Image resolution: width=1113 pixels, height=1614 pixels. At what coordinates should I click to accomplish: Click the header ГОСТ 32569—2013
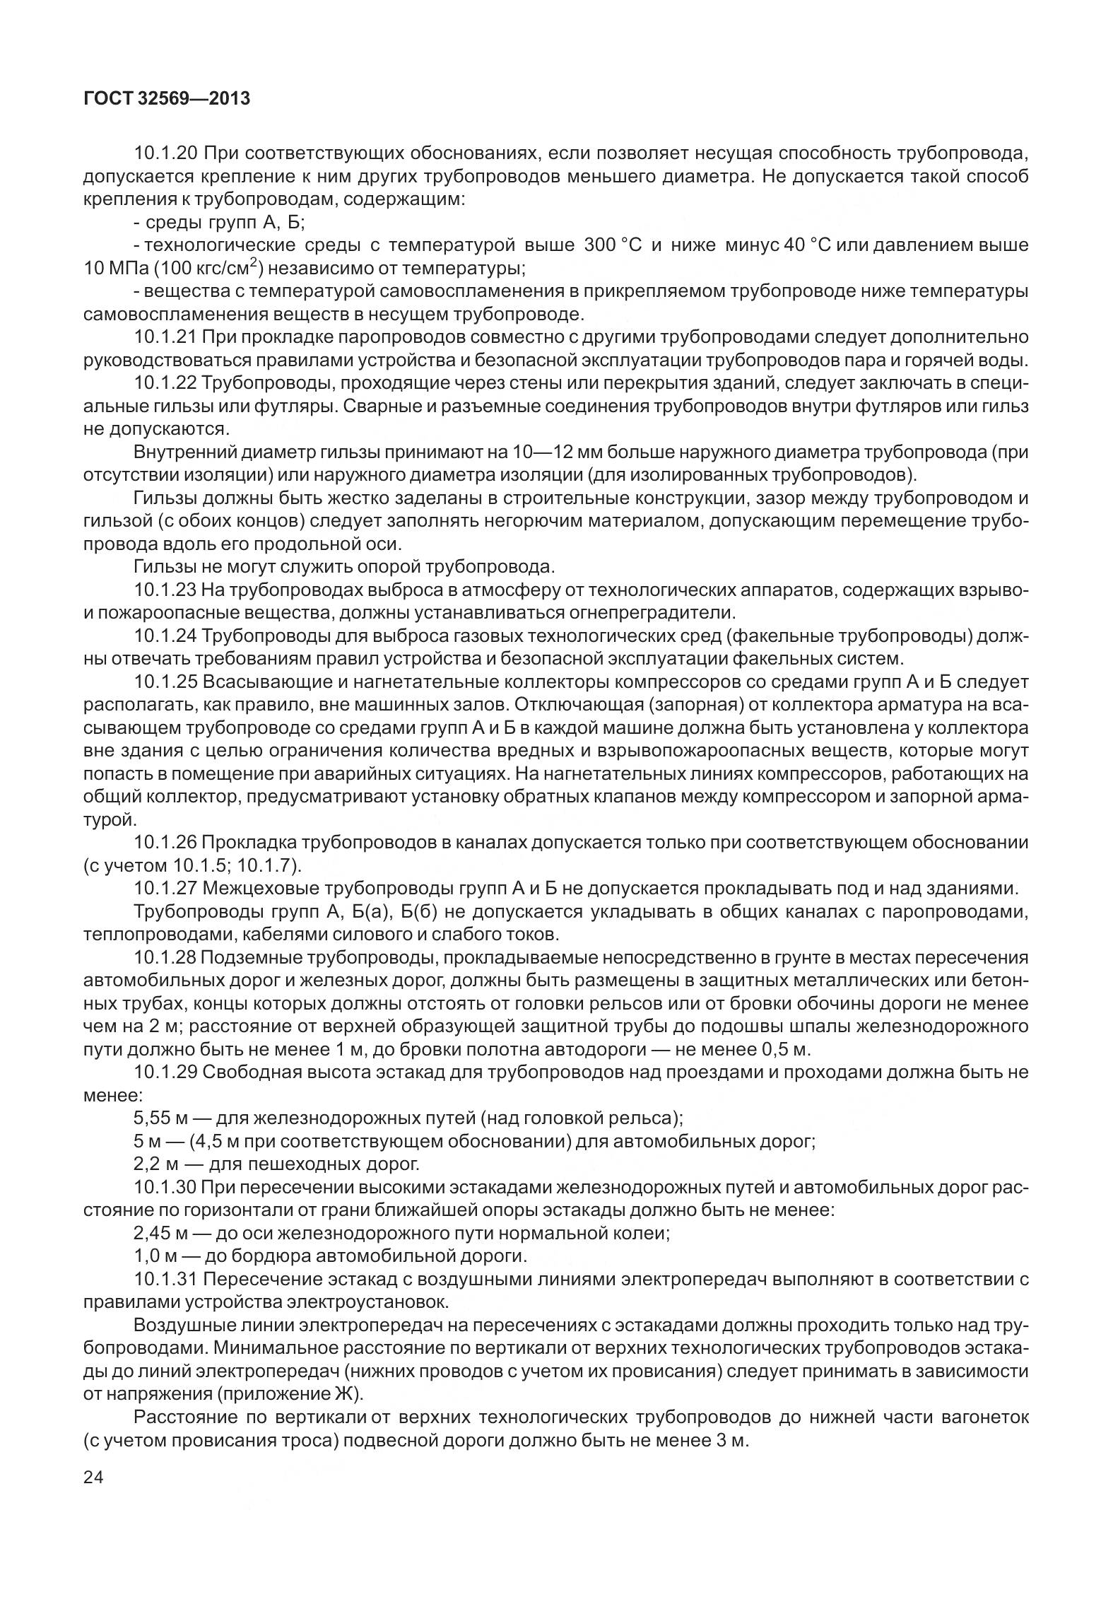[167, 99]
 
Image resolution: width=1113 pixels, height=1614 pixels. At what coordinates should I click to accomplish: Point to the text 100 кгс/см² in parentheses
[208, 269]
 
